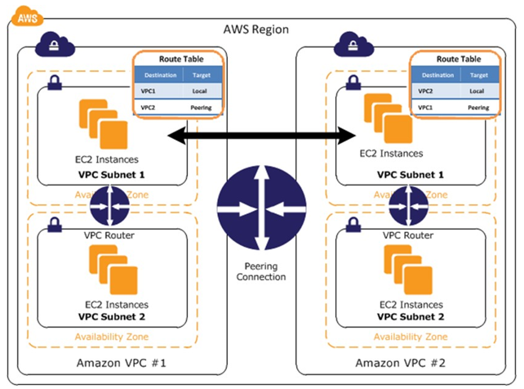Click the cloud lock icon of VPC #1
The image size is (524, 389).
(x=55, y=45)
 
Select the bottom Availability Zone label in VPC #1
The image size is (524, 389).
(x=112, y=336)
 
